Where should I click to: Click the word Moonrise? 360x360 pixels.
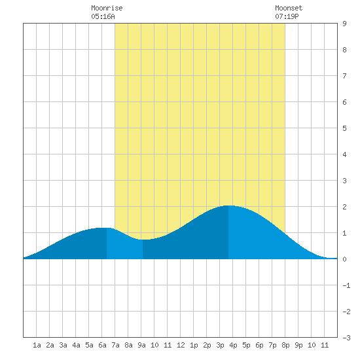[107, 8]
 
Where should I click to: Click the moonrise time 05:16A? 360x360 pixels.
[103, 16]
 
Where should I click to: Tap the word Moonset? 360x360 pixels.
[289, 8]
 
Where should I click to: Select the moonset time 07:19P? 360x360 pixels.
[287, 16]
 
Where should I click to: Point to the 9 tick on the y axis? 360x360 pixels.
[344, 24]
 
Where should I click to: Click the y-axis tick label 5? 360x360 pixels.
[344, 128]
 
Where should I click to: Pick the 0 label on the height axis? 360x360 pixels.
[344, 259]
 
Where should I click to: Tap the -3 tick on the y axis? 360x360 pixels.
[346, 338]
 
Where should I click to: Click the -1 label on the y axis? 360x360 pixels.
[346, 285]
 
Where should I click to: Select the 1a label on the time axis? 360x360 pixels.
[37, 345]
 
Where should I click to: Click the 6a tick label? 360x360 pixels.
[102, 345]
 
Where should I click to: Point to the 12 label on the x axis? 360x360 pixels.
[181, 345]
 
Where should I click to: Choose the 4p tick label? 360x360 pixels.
[233, 345]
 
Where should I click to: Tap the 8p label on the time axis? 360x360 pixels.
[285, 345]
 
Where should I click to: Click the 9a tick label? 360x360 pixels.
[141, 345]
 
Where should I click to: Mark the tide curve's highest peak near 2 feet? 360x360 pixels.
[228, 206]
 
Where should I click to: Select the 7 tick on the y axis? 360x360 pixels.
[344, 76]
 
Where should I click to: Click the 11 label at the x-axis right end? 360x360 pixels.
[325, 345]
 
